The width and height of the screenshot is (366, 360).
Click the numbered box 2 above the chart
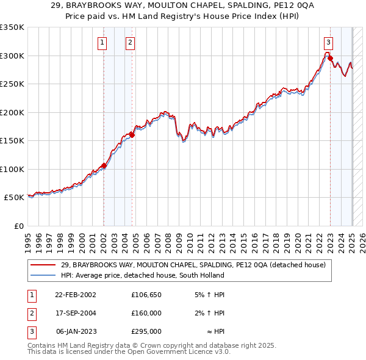(x=131, y=43)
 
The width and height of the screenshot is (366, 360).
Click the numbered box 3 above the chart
(x=328, y=43)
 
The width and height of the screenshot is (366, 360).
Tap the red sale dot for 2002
(x=104, y=165)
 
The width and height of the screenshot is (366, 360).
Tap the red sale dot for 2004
(x=132, y=135)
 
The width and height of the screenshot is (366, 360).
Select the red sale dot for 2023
(x=330, y=59)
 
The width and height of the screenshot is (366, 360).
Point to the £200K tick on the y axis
(x=12, y=112)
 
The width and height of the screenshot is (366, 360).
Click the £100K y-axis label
(x=12, y=169)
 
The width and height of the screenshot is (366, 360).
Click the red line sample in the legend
(x=43, y=265)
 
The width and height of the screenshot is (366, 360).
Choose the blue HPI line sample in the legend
(x=43, y=275)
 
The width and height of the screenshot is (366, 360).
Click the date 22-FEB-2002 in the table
(x=76, y=295)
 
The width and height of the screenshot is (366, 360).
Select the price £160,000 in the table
(x=146, y=313)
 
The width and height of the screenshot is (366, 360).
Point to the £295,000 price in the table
(x=146, y=331)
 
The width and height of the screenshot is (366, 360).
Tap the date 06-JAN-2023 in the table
(x=76, y=331)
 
